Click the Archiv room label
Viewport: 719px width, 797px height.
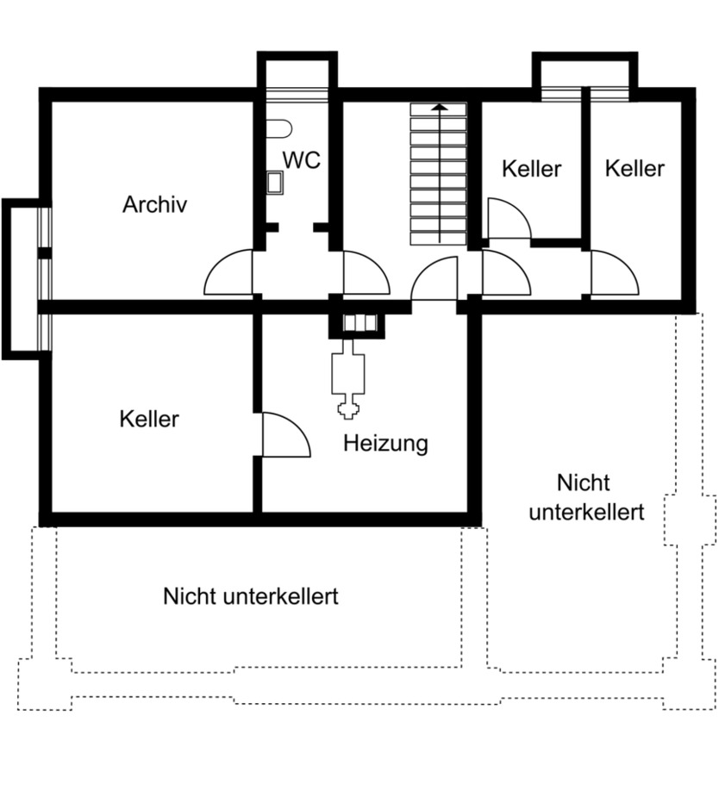point(154,205)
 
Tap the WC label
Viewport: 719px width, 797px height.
point(302,160)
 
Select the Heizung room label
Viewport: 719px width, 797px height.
point(385,444)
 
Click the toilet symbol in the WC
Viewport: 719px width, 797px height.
point(278,129)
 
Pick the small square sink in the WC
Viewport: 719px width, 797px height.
point(275,182)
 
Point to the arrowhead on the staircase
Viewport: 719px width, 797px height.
point(440,108)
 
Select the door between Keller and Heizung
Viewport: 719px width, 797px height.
point(283,436)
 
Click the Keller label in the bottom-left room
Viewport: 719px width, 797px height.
point(149,420)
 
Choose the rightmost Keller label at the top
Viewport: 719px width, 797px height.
point(635,168)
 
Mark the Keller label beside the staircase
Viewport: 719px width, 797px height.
point(531,169)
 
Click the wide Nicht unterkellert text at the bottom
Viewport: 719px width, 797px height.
point(250,596)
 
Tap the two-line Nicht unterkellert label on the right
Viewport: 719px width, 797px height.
point(586,497)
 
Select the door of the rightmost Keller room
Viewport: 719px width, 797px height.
point(612,274)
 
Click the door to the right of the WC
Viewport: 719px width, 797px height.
point(364,274)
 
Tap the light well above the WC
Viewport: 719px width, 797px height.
point(297,73)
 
